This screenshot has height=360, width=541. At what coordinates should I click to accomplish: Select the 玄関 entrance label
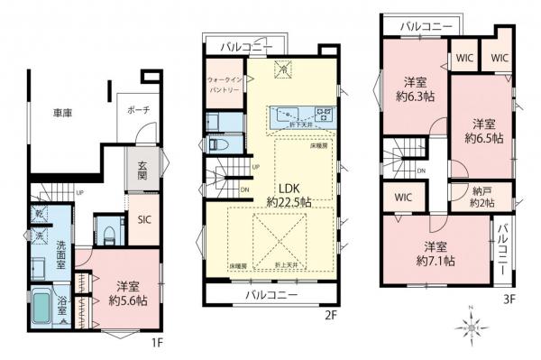tap(143, 171)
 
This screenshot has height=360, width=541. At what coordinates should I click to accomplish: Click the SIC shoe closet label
tap(144, 220)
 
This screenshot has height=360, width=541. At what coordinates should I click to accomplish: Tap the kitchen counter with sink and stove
tap(301, 116)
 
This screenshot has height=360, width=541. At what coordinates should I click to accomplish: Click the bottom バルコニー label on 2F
tap(271, 295)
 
